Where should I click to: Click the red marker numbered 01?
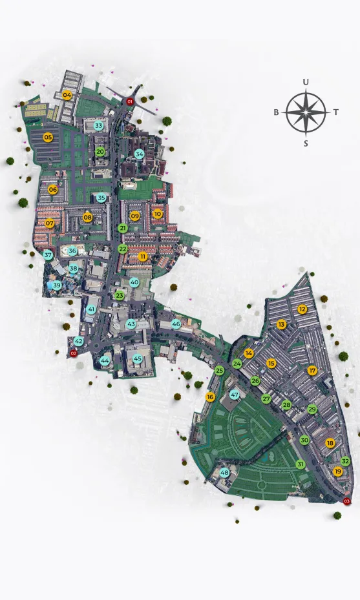pos(130,101)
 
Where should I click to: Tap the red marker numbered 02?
pos(73,353)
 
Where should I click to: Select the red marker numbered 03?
pos(347,501)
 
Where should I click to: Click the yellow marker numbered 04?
pos(67,96)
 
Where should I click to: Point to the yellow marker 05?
pos(48,137)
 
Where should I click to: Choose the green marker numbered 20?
pos(100,151)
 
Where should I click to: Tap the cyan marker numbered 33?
pos(99,125)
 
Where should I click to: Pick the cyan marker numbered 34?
pos(140,154)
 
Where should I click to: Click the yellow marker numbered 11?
pos(143,256)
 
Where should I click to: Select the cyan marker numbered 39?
pos(57,285)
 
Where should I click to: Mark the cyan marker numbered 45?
pos(138,358)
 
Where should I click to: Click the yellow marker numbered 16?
pos(210,397)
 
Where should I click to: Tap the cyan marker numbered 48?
pos(225,473)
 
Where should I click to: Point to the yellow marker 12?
pos(302,309)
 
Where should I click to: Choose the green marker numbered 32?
pos(346,461)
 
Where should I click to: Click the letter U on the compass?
pos(306,82)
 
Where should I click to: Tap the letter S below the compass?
pos(306,143)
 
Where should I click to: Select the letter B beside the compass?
pos(276,112)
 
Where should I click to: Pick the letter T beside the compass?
pos(336,112)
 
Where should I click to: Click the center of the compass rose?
pos(306,112)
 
